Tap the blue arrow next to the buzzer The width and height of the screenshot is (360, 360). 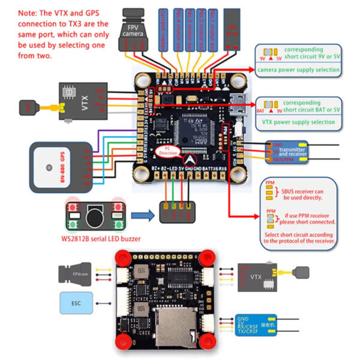[x=141, y=212]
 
